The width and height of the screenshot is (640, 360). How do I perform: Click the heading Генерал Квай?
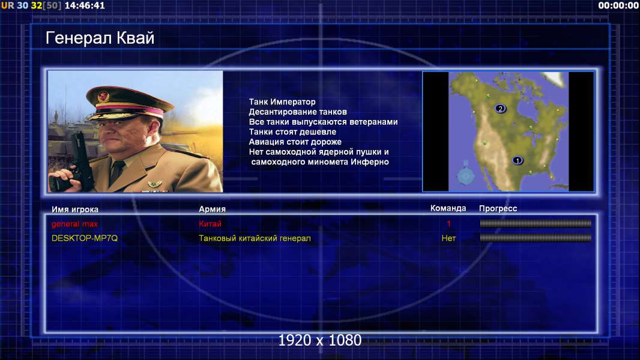(x=100, y=38)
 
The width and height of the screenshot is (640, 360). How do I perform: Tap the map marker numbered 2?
(x=500, y=109)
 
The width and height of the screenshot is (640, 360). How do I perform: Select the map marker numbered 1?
(x=518, y=160)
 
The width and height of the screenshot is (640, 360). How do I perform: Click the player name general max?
(x=74, y=224)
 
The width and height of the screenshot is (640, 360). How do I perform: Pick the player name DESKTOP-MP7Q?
(x=85, y=238)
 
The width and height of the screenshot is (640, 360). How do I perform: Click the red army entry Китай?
(x=210, y=224)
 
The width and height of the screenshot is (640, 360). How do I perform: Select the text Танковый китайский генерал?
(x=255, y=238)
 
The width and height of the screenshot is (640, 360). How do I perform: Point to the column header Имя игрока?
(x=74, y=209)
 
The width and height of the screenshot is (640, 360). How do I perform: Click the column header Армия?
(x=213, y=209)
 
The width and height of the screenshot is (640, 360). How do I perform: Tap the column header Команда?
(x=448, y=208)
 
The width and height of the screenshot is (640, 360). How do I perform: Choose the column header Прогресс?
(x=498, y=208)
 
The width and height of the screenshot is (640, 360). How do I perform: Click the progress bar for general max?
(x=536, y=223)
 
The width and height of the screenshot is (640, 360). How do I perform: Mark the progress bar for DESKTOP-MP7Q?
(x=536, y=238)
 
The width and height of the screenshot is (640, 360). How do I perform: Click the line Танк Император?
(x=282, y=102)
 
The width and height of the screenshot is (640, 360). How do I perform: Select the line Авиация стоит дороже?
(x=295, y=142)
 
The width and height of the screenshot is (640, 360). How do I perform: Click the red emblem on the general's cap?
(x=103, y=97)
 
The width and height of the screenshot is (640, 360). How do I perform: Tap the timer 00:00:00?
(x=618, y=5)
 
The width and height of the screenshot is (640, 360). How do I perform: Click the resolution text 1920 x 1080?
(x=320, y=340)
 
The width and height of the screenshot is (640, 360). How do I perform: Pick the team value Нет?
(x=448, y=238)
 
